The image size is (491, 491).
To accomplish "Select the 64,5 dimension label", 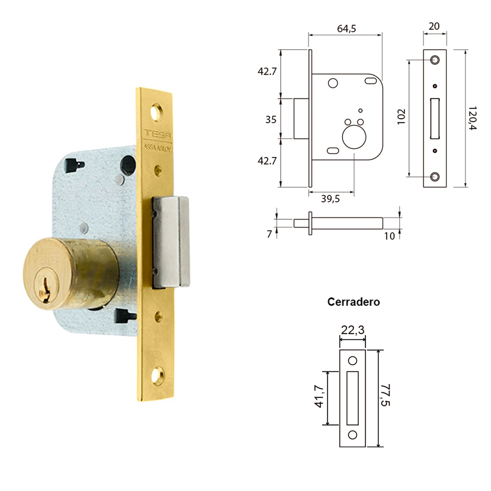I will click(x=346, y=29).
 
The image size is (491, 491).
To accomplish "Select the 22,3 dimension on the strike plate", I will click(x=353, y=330).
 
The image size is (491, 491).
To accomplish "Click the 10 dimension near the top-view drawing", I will click(x=389, y=236).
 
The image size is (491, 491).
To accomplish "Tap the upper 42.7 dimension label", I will click(x=267, y=72).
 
